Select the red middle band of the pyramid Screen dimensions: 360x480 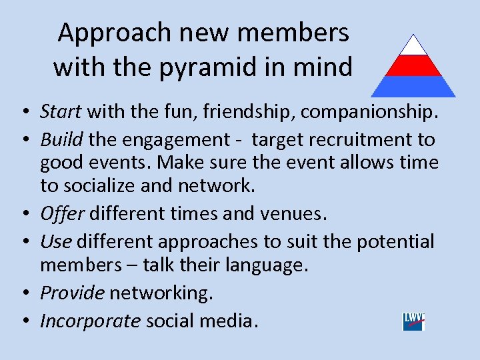point(413,65)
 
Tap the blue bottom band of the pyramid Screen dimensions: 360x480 point(413,86)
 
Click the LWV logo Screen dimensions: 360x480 point(413,321)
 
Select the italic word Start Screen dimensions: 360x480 point(61,111)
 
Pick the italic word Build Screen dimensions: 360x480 point(61,140)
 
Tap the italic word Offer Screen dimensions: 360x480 point(62,213)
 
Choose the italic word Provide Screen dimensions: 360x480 point(72,293)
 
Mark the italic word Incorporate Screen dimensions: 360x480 point(90,321)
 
